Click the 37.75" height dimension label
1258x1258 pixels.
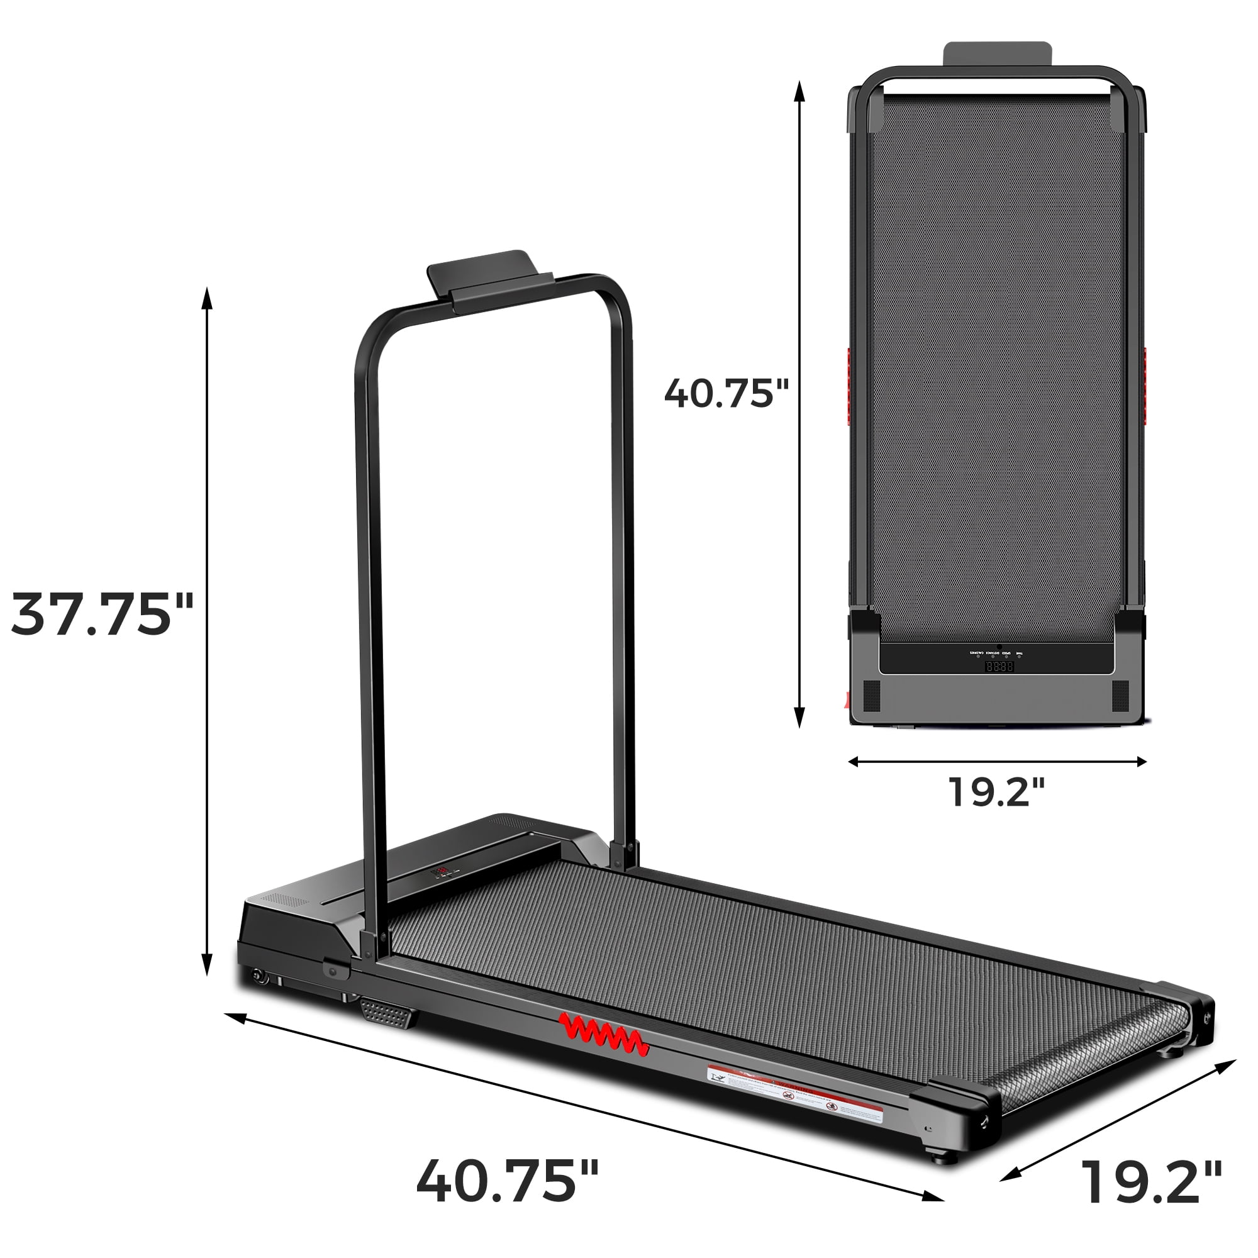tap(103, 615)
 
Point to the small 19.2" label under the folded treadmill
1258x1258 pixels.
tap(996, 792)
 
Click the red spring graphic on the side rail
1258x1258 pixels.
tap(604, 1035)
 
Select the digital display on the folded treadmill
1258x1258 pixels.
tap(999, 667)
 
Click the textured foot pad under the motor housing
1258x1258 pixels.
tap(389, 1014)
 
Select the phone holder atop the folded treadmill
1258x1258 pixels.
tap(998, 54)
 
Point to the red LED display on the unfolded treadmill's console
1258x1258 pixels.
tap(441, 871)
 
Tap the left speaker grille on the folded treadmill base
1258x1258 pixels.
tap(871, 696)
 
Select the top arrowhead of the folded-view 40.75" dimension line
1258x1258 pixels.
tap(799, 91)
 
